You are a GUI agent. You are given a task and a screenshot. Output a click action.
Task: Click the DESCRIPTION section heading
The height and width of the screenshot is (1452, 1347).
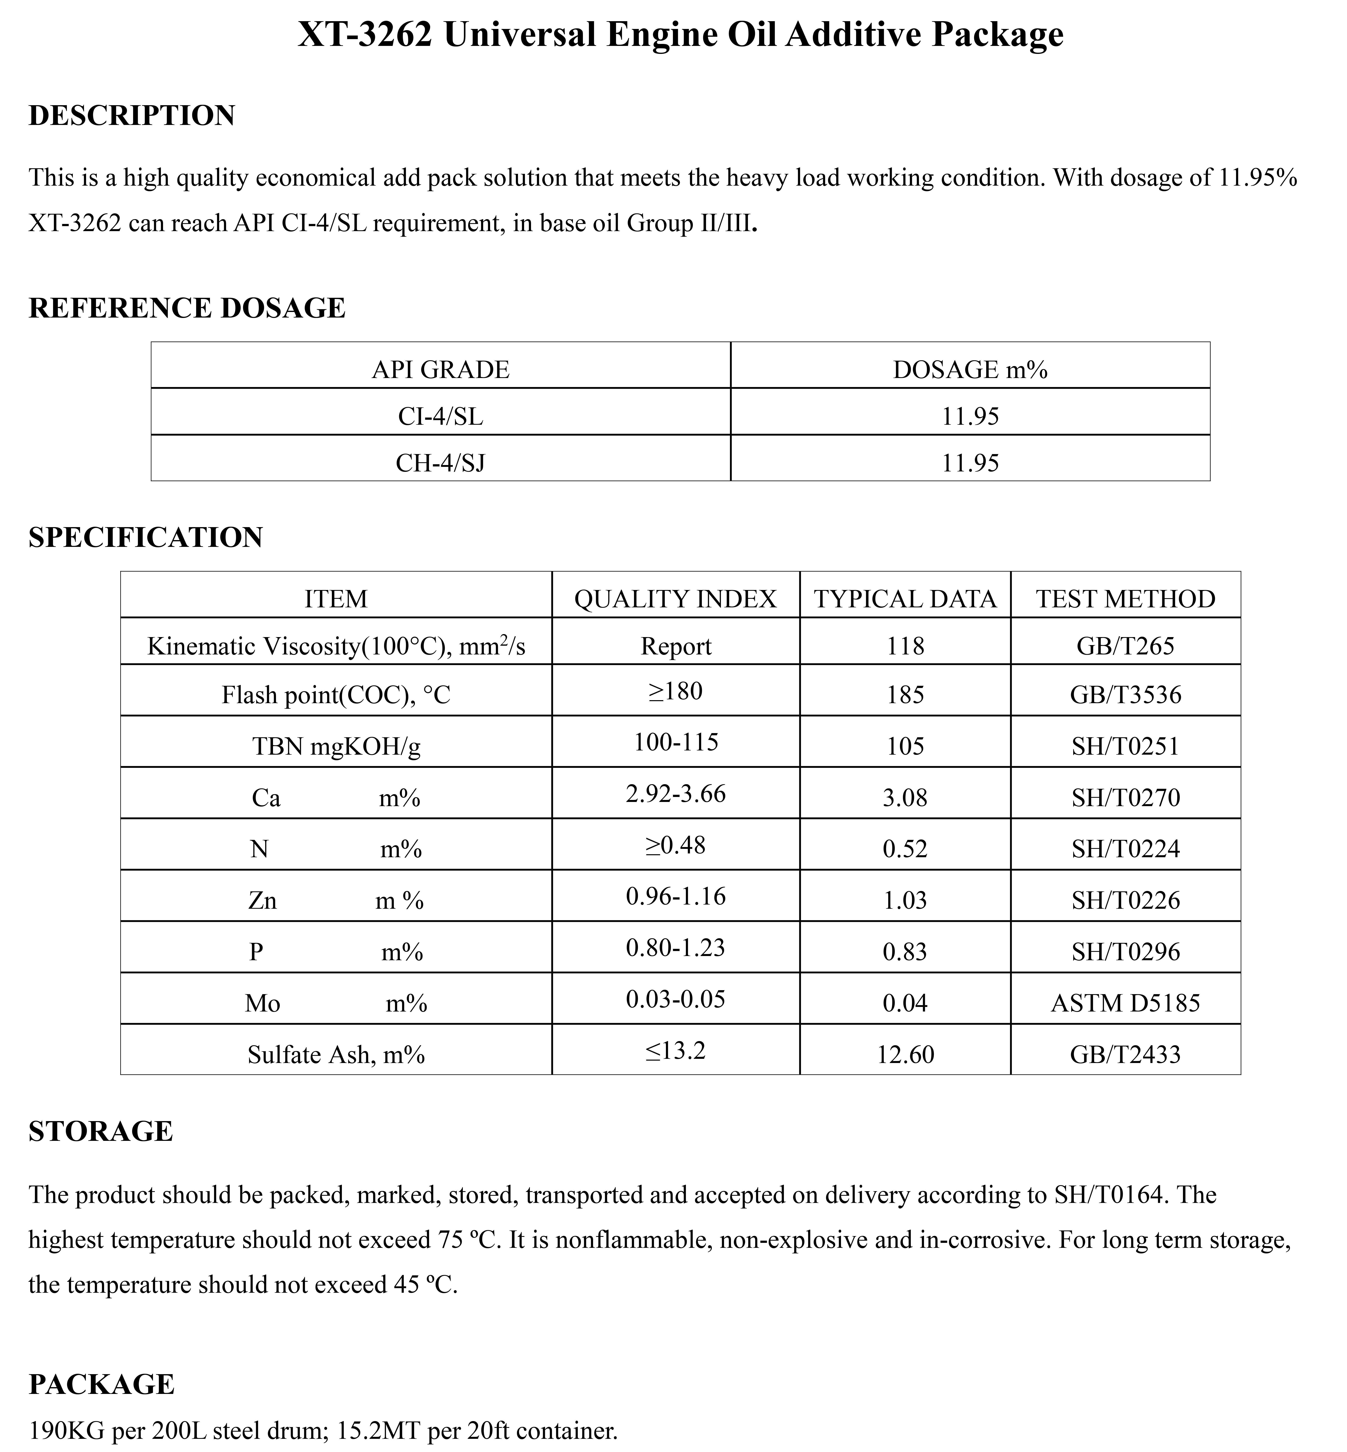132,116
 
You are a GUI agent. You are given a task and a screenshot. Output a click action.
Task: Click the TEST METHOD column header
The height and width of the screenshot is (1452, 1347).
1125,599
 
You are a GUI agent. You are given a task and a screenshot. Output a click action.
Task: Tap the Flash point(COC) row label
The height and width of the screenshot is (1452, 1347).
336,695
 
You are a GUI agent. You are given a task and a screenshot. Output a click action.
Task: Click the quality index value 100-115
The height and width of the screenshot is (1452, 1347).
676,742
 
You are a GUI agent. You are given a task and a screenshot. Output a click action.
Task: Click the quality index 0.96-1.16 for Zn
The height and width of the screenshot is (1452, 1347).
676,896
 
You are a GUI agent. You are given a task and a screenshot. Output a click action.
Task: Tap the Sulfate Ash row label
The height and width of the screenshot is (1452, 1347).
336,1055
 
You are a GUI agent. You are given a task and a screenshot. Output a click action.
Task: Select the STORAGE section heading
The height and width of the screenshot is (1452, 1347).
101,1131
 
